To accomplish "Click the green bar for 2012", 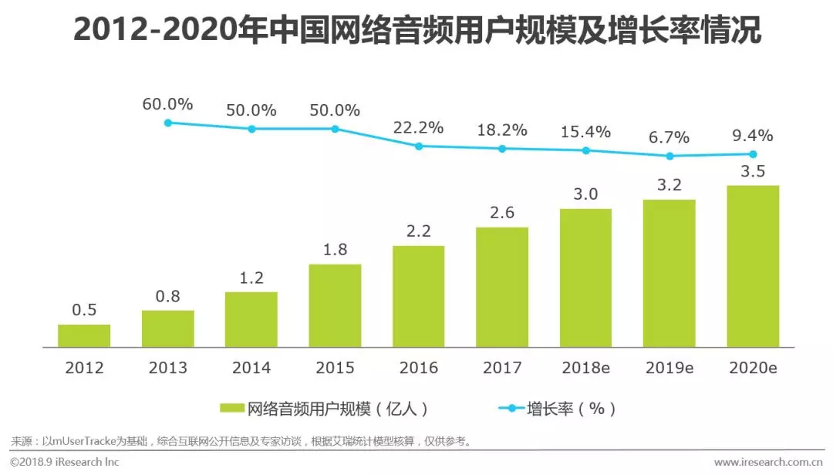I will [x=84, y=335].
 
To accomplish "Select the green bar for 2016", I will [x=418, y=296].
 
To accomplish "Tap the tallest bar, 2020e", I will [x=753, y=266].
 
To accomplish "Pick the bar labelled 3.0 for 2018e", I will [x=585, y=278].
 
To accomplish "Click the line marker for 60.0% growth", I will [x=168, y=123].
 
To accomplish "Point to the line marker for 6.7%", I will [x=669, y=156].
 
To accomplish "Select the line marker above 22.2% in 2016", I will [x=419, y=146].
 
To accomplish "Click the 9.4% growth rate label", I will [x=752, y=136].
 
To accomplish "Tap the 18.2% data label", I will [x=502, y=130].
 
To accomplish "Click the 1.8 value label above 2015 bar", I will [x=335, y=249].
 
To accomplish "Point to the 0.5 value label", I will [x=84, y=309].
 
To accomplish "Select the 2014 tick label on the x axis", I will [x=251, y=368].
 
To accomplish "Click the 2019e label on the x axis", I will [x=669, y=368].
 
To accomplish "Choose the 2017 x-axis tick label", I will [x=502, y=368].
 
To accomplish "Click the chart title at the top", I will [x=416, y=32].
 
